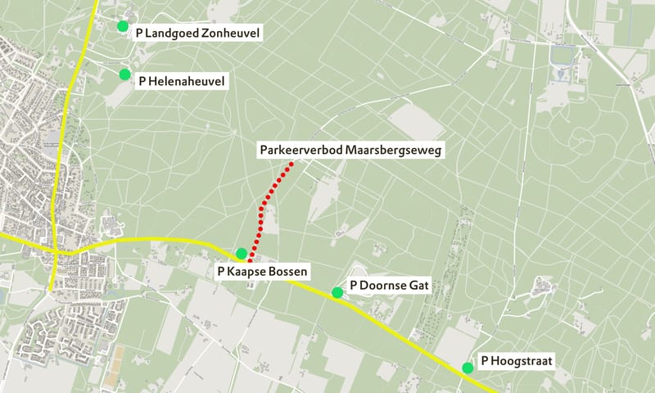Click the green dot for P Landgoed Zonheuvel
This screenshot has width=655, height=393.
tap(123, 26)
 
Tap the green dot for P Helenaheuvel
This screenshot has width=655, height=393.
tap(125, 75)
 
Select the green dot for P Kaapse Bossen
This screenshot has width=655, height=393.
tap(242, 253)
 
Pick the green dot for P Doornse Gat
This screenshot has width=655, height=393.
tap(337, 292)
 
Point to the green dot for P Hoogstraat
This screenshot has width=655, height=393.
tap(468, 368)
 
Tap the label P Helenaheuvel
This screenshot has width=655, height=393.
tap(181, 81)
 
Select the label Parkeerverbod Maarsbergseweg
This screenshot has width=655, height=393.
tap(350, 151)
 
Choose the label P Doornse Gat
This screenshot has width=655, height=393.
tap(389, 286)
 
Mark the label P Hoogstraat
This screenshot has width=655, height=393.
tap(518, 360)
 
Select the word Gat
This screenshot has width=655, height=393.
tap(418, 286)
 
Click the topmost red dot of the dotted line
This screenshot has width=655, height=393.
tap(290, 165)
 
